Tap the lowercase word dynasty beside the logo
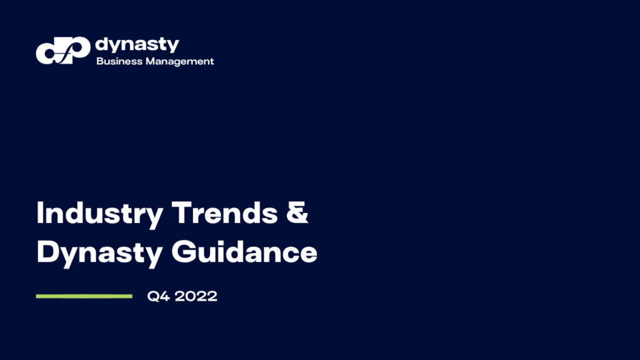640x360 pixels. tap(137, 45)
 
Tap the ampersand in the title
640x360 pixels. tap(298, 214)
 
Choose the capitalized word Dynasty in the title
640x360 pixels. tap(100, 252)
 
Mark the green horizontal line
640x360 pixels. tap(84, 296)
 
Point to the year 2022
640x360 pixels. tap(196, 296)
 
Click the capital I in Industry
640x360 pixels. tap(41, 214)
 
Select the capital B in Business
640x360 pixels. tap(99, 61)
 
